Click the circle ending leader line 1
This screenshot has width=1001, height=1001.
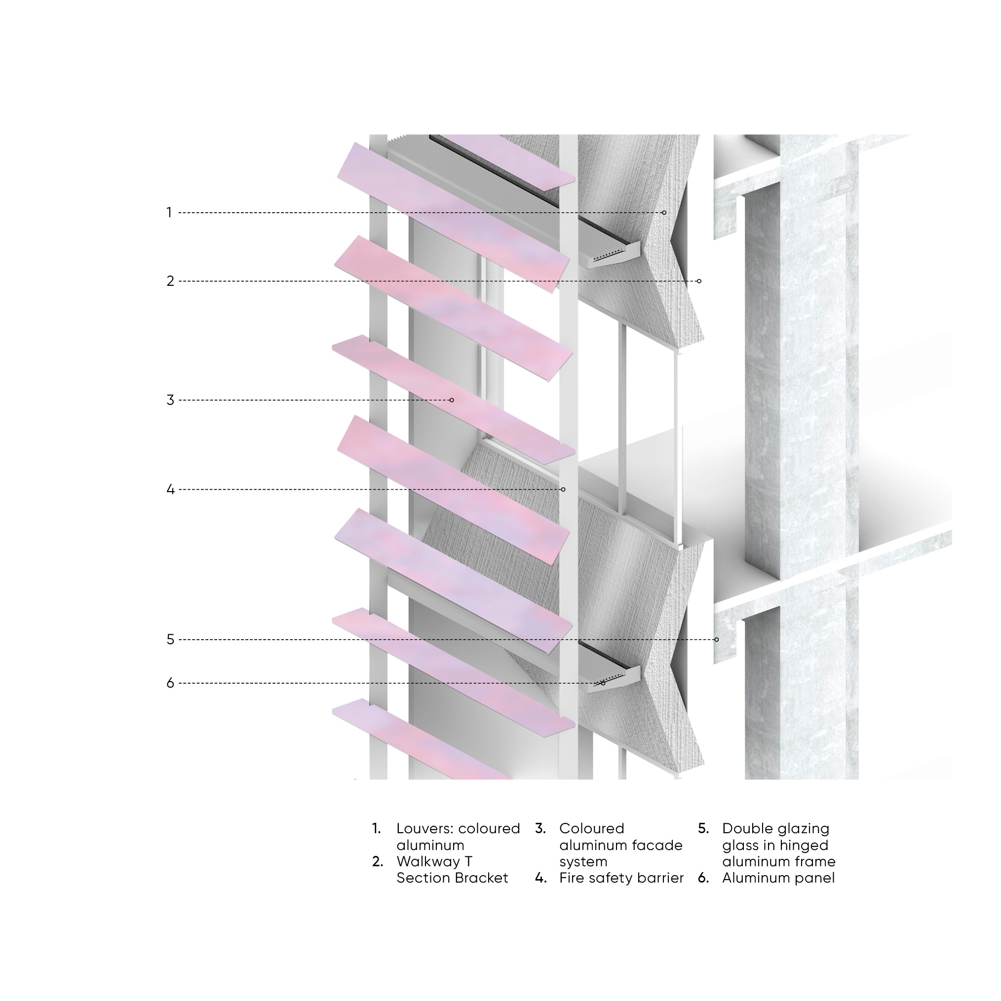pyautogui.click(x=664, y=212)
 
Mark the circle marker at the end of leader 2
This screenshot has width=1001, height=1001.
pyautogui.click(x=699, y=281)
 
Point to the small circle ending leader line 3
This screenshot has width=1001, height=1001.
pyautogui.click(x=452, y=400)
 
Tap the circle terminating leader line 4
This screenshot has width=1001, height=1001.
pyautogui.click(x=563, y=489)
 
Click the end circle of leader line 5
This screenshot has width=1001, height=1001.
pyautogui.click(x=717, y=639)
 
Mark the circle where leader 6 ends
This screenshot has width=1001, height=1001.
pyautogui.click(x=603, y=683)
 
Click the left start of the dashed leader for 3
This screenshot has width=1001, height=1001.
pyautogui.click(x=179, y=400)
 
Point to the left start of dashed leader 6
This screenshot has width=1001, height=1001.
pyautogui.click(x=179, y=683)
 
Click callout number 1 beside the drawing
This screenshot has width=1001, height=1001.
pyautogui.click(x=169, y=212)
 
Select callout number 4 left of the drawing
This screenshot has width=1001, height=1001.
pyautogui.click(x=170, y=489)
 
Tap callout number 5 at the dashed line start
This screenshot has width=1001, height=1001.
pyautogui.click(x=170, y=639)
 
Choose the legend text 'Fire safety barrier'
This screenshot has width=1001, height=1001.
pyautogui.click(x=621, y=878)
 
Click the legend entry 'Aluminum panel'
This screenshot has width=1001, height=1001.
pyautogui.click(x=778, y=878)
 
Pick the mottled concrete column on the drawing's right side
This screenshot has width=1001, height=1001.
pyautogui.click(x=801, y=456)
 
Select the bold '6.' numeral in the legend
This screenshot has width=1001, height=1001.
pyautogui.click(x=703, y=878)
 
